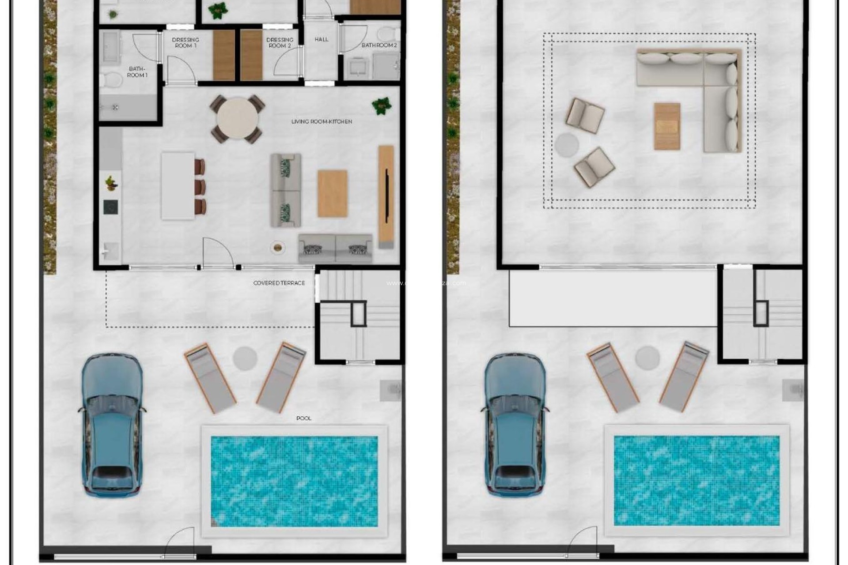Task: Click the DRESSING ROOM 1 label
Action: [185, 42]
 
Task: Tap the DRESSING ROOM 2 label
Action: [280, 42]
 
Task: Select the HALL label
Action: [322, 39]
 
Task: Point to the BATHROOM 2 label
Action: [379, 45]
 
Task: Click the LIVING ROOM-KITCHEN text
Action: [322, 121]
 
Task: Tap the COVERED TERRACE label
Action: [279, 283]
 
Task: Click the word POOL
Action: [304, 418]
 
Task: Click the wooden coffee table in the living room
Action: [332, 193]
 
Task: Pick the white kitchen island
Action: [178, 186]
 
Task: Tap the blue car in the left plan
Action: [112, 424]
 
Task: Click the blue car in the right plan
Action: [515, 424]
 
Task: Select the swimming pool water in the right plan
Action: [697, 480]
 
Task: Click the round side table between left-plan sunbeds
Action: [245, 358]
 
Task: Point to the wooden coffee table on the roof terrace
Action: [667, 126]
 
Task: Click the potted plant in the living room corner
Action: [381, 106]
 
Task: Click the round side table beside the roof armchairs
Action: [567, 145]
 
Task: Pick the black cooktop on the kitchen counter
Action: [110, 207]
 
